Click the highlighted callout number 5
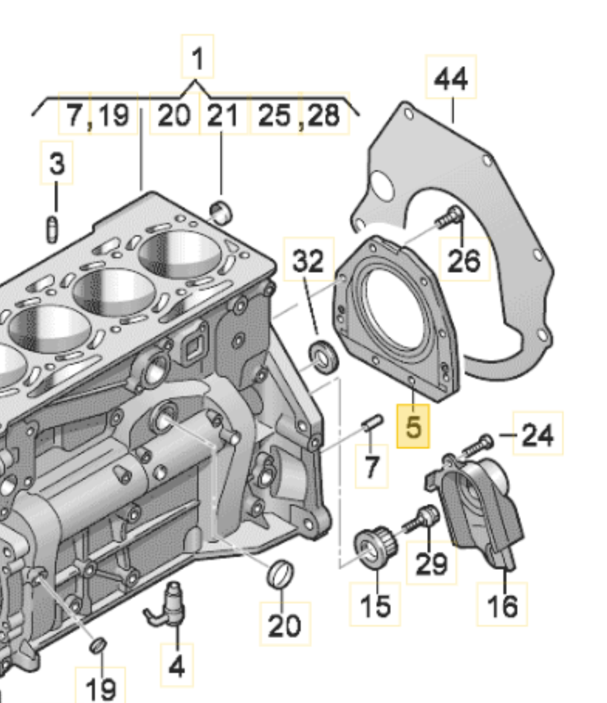coord(413,426)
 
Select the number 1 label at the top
coord(197,58)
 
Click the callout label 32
coord(308,261)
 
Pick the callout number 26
coord(463,261)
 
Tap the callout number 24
coord(538,435)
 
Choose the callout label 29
coord(431,563)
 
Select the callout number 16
coord(502,604)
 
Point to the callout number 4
coord(176,665)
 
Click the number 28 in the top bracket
coord(324,114)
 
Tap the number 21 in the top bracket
coord(223,114)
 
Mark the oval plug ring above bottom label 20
coord(279,573)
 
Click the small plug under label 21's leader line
coord(222,211)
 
